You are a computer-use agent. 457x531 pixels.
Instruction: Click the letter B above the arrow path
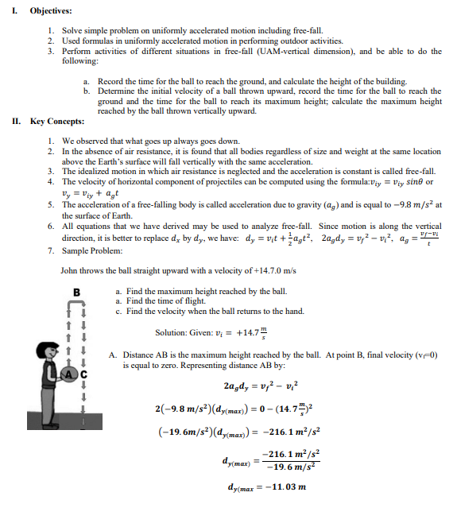[x=77, y=292]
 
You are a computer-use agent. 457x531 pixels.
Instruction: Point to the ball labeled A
[x=69, y=377]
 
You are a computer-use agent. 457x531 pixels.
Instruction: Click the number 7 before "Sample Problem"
[x=50, y=249]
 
